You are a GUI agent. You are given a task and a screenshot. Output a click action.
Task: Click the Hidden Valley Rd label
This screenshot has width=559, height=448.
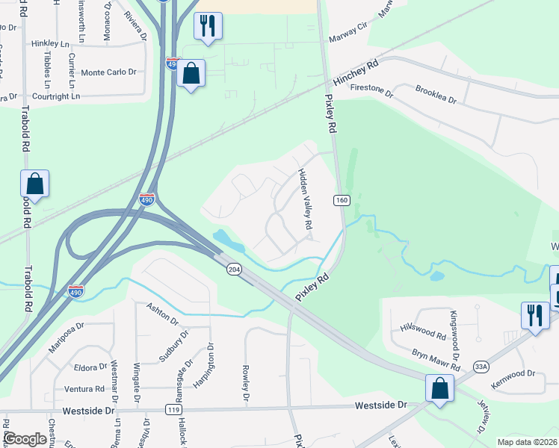point(305,199)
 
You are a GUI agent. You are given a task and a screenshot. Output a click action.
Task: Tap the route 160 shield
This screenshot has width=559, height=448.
point(342,200)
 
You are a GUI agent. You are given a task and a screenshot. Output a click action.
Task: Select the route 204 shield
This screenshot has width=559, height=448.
point(233,269)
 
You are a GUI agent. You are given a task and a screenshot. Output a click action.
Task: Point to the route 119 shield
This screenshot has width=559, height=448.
point(174,410)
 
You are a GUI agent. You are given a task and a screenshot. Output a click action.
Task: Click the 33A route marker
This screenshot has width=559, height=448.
point(481,367)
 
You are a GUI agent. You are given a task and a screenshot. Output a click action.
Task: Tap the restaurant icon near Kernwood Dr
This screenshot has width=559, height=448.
point(534,315)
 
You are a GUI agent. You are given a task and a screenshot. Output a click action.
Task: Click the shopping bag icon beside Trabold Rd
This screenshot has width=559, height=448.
point(34,183)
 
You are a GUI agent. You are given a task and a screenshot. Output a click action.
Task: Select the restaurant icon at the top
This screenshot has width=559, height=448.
point(206,26)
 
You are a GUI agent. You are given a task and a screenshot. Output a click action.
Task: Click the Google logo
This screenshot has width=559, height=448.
point(25,439)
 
